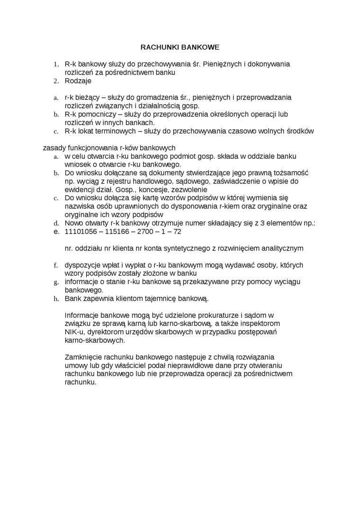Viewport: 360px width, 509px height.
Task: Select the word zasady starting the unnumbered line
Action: point(55,148)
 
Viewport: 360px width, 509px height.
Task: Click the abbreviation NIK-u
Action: point(74,331)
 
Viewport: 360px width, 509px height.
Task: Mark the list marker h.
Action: point(55,299)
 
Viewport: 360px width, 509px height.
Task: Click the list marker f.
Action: point(55,265)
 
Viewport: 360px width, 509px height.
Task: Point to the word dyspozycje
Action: point(82,265)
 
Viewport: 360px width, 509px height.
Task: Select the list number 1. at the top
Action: point(55,64)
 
